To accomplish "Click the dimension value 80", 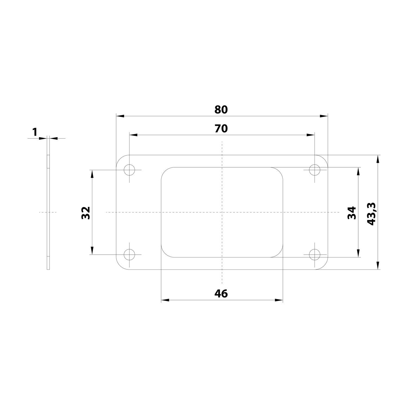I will point(221,110).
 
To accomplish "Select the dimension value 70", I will point(221,128).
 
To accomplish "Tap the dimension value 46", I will point(221,293).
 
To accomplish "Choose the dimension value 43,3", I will point(371,214).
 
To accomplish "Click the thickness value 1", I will point(35,132).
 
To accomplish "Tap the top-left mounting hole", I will point(129,170).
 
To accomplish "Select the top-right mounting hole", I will point(315,170).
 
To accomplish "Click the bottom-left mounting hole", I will point(129,255).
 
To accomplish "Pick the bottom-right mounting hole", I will point(315,255).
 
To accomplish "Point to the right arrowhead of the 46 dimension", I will point(279,300).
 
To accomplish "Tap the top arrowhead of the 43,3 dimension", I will point(378,159).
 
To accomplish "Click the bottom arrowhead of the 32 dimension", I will point(92,251).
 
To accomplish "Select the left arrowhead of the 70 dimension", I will point(134,135).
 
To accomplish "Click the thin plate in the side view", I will point(48,212).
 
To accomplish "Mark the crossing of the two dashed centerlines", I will point(222,212).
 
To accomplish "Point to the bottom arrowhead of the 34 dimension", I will point(358,253).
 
